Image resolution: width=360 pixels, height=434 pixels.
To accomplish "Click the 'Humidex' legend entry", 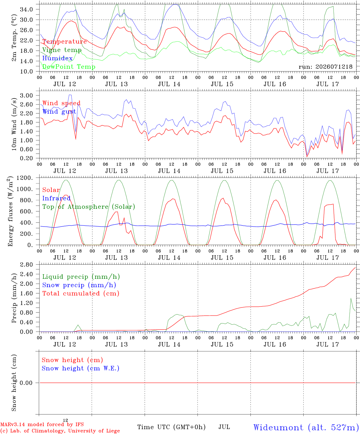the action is pyautogui.click(x=57, y=58).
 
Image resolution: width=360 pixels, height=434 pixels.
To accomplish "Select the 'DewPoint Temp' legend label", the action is pyautogui.click(x=69, y=67).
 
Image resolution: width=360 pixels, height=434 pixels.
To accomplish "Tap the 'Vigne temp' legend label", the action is pyautogui.click(x=62, y=50).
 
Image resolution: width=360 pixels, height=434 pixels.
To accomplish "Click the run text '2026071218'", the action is pyautogui.click(x=334, y=67).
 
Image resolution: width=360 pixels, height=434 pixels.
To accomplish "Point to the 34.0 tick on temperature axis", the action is pyautogui.click(x=27, y=9).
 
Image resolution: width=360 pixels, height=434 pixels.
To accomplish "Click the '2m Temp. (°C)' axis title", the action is pyautogui.click(x=14, y=38).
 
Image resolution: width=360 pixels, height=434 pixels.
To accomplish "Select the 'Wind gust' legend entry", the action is pyautogui.click(x=59, y=112).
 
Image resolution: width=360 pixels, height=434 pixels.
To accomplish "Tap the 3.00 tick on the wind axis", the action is pyautogui.click(x=27, y=96).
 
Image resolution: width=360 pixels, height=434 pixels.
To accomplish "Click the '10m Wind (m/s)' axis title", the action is pyautogui.click(x=14, y=124).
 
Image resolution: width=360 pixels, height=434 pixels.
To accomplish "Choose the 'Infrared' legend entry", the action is pyautogui.click(x=56, y=198).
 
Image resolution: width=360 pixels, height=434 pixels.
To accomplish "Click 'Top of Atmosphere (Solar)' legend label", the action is pyautogui.click(x=89, y=207).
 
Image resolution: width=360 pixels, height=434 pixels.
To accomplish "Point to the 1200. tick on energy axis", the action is pyautogui.click(x=25, y=178).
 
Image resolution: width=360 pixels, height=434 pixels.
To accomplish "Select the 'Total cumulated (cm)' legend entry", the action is pyautogui.click(x=81, y=294).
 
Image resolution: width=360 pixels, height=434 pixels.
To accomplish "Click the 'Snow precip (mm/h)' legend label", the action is pyautogui.click(x=79, y=285).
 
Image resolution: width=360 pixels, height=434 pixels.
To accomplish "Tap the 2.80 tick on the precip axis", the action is pyautogui.click(x=27, y=265).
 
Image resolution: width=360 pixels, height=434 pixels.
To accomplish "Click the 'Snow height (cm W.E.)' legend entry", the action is pyautogui.click(x=81, y=368).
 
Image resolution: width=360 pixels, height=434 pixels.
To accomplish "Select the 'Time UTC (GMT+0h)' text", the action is pyautogui.click(x=171, y=427).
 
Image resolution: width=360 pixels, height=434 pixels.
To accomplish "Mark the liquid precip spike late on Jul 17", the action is pyautogui.click(x=351, y=298).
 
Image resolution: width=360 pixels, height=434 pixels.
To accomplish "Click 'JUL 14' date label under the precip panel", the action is pyautogui.click(x=169, y=344).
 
